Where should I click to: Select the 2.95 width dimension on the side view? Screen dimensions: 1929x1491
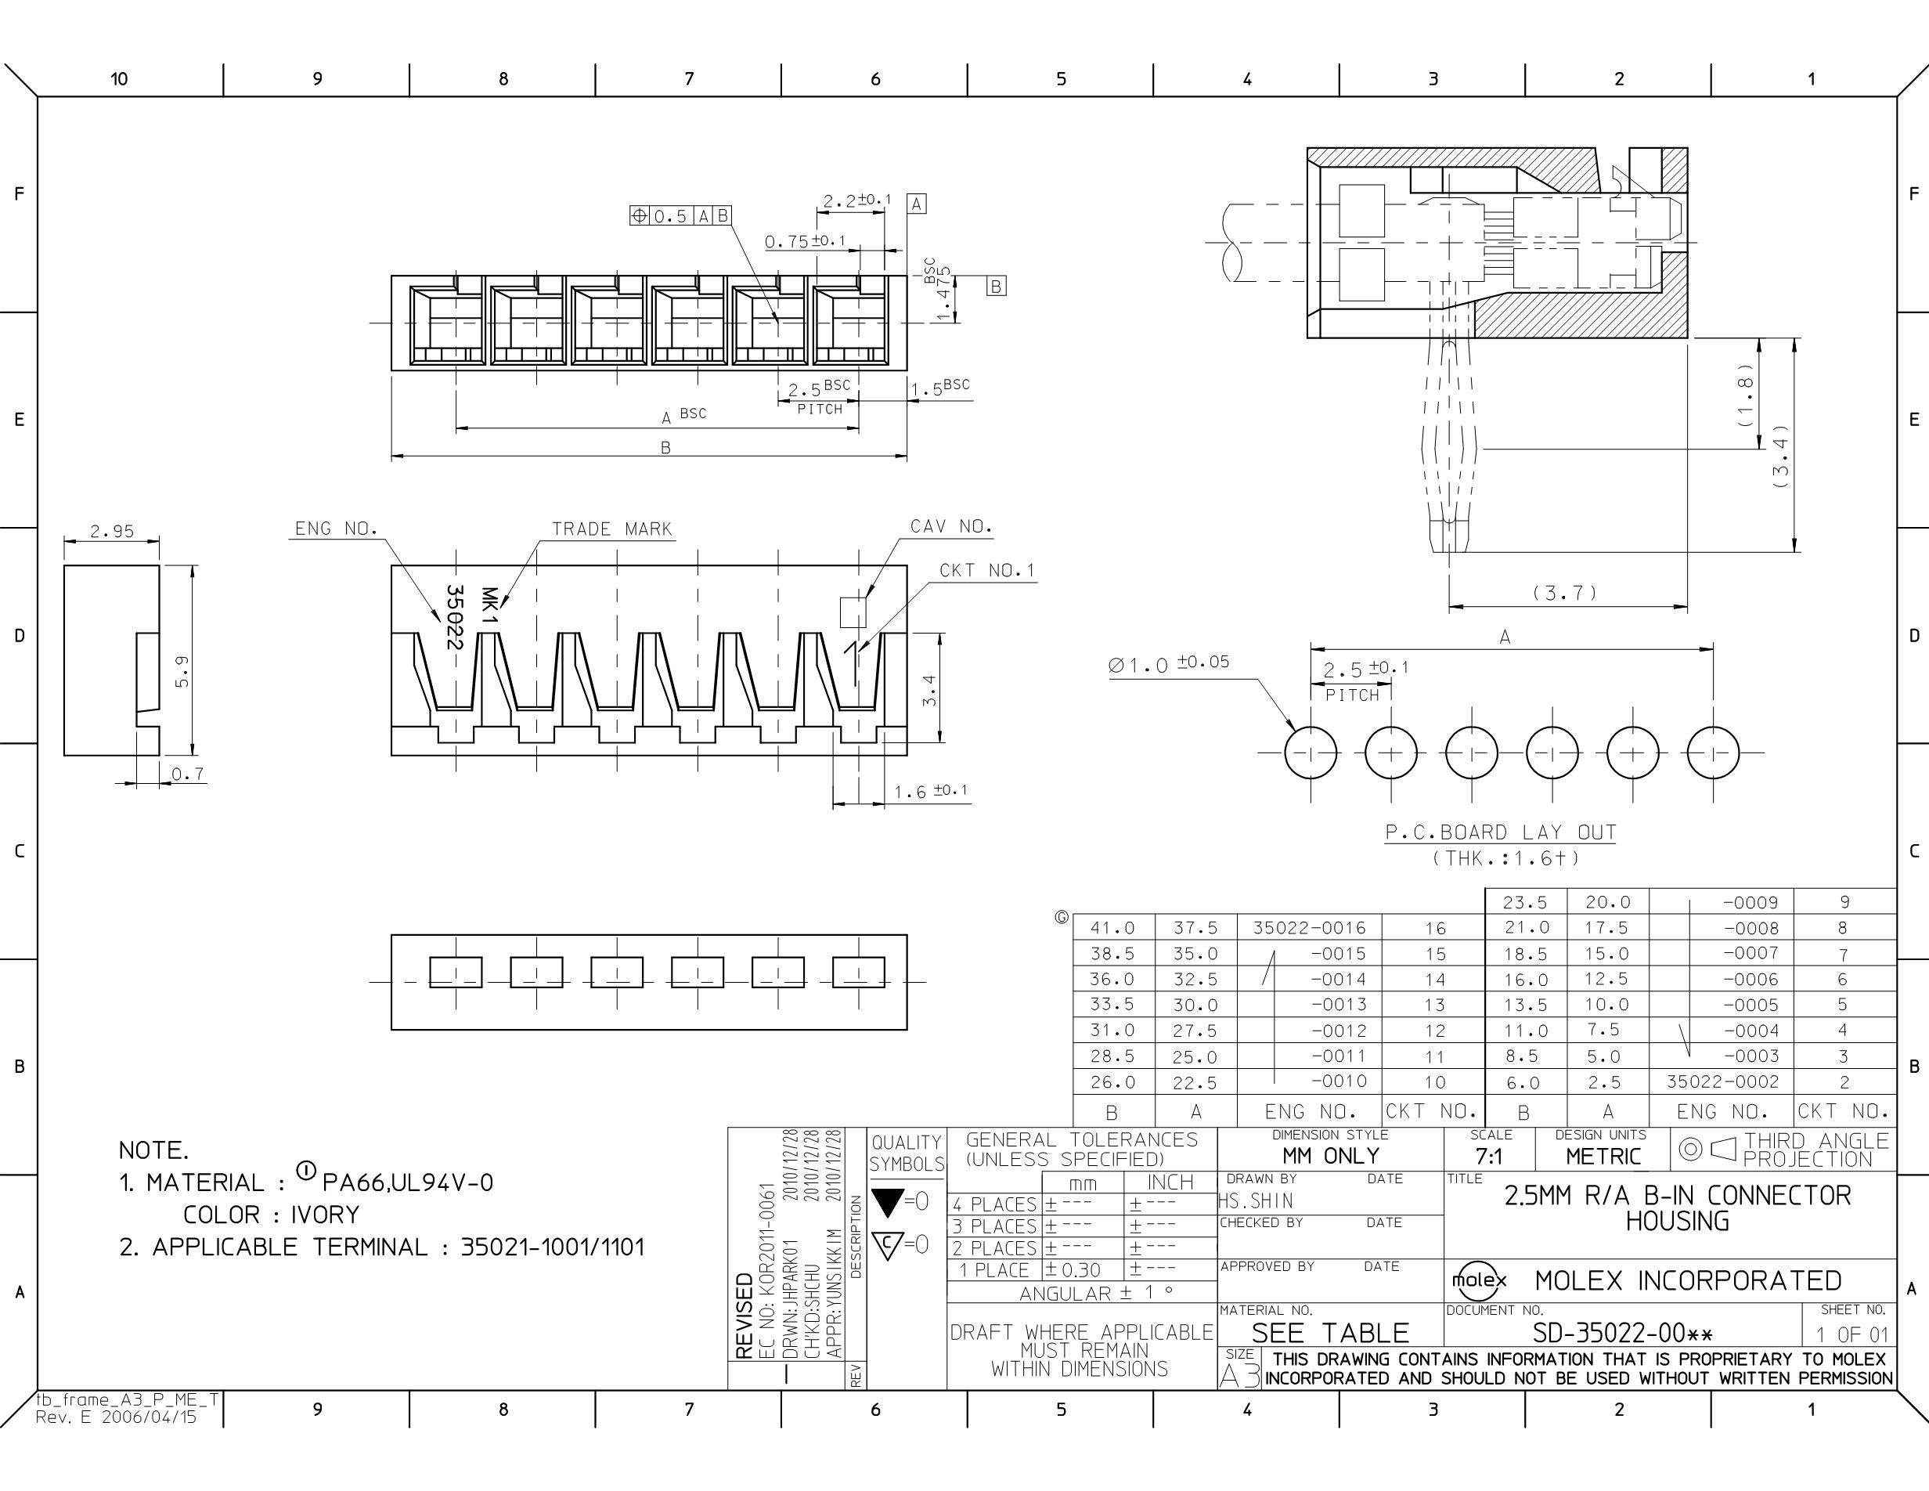click(x=112, y=531)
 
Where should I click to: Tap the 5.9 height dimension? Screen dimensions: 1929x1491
click(x=181, y=671)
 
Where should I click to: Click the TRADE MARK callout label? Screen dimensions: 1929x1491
click(x=612, y=529)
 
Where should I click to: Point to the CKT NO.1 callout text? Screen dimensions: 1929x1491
click(x=986, y=571)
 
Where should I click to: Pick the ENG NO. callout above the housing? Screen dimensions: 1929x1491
click(x=337, y=529)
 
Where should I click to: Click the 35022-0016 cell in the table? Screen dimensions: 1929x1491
click(x=1309, y=927)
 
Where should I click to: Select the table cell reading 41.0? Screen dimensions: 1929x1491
click(x=1112, y=927)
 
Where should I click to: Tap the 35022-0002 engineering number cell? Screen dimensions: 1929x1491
click(x=1722, y=1081)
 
